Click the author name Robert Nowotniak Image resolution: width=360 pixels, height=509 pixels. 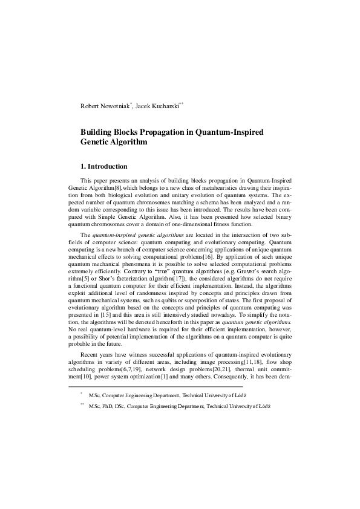[105, 106]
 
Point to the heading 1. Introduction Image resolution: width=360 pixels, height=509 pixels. [104, 166]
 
